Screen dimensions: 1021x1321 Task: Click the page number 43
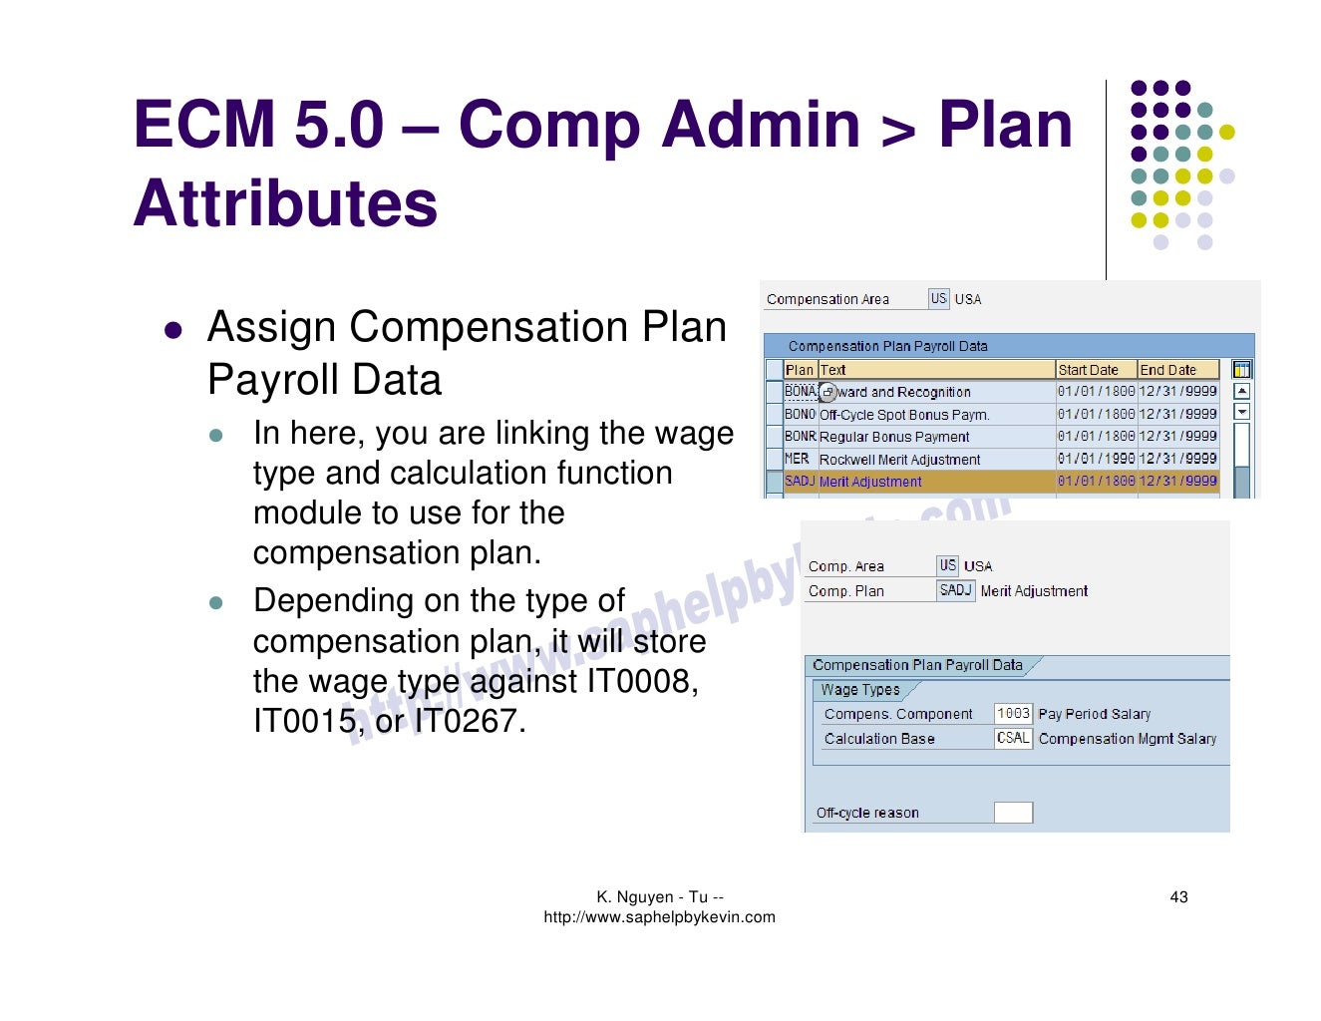[x=1178, y=897]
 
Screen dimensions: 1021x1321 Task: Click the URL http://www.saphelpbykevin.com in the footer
[x=659, y=917]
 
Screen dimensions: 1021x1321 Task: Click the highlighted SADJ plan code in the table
[x=800, y=482]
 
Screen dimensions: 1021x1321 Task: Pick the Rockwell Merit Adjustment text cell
[x=899, y=460]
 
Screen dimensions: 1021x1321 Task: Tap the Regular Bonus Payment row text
[x=894, y=437]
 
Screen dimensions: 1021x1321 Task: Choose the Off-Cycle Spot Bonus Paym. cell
[x=904, y=415]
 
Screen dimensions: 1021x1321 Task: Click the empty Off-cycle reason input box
[x=1013, y=813]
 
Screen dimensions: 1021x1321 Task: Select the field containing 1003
[x=1013, y=714]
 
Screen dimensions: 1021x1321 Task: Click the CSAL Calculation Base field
[x=1013, y=739]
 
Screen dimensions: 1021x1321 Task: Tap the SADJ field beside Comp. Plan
[x=955, y=590]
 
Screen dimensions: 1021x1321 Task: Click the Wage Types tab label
[x=860, y=690]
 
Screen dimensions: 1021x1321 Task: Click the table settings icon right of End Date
[x=1241, y=370]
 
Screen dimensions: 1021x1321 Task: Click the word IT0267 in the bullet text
[x=469, y=721]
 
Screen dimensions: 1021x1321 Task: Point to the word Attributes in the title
[x=285, y=203]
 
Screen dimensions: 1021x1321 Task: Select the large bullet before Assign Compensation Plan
[x=173, y=330]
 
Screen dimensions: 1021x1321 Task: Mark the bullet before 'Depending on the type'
[x=216, y=603]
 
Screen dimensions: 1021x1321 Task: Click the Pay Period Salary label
[x=1094, y=714]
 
